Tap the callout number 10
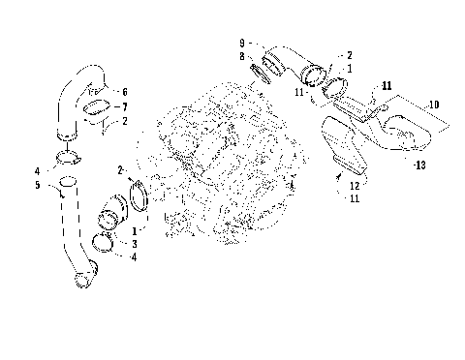click(434, 103)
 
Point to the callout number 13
click(418, 165)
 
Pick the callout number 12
click(355, 185)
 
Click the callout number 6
click(123, 91)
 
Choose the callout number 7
click(123, 105)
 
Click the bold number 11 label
click(387, 86)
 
